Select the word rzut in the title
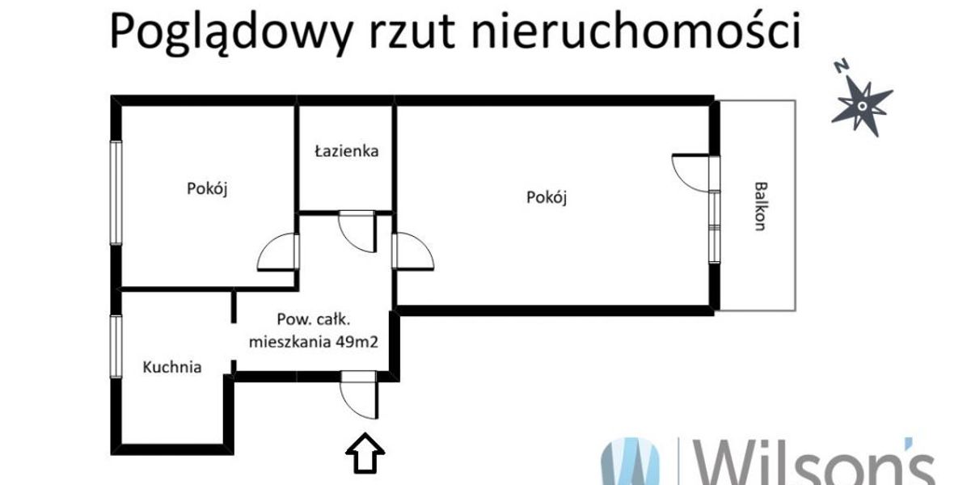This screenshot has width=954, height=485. pyautogui.click(x=412, y=33)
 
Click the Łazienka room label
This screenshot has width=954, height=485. pyautogui.click(x=346, y=150)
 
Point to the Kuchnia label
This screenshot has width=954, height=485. pyautogui.click(x=172, y=367)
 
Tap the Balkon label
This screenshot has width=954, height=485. pyautogui.click(x=759, y=206)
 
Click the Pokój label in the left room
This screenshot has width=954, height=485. pyautogui.click(x=207, y=189)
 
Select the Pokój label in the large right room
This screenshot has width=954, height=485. pyautogui.click(x=547, y=198)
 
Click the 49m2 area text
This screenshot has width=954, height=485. pyautogui.click(x=357, y=343)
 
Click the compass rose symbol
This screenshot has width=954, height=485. pyautogui.click(x=862, y=107)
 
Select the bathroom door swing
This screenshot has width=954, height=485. pyautogui.click(x=357, y=231)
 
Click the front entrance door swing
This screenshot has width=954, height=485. pyautogui.click(x=360, y=395)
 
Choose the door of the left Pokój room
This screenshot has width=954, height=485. pyautogui.click(x=278, y=252)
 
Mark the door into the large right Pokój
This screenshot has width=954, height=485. pyautogui.click(x=413, y=251)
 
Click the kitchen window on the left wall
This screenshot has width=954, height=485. pyautogui.click(x=116, y=346)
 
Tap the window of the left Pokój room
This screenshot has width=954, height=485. pyautogui.click(x=116, y=193)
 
